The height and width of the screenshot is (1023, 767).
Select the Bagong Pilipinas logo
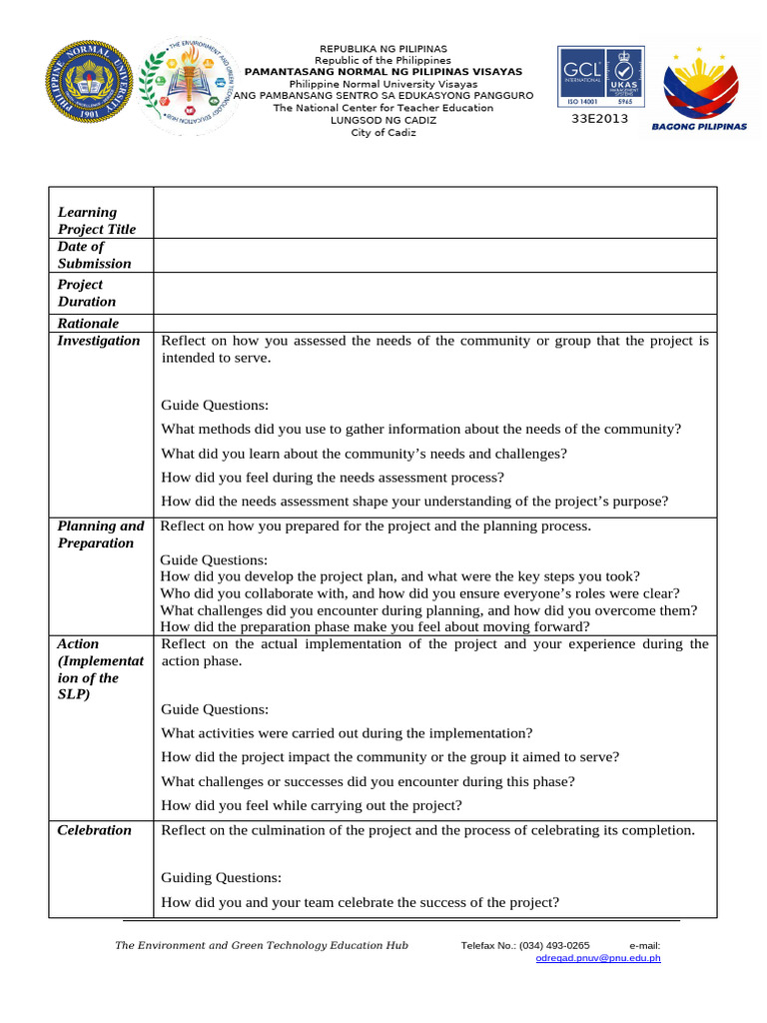point(699,88)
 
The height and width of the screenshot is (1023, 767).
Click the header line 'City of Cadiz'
point(383,133)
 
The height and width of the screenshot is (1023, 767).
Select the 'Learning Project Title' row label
point(96,221)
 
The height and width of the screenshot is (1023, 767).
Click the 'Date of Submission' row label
point(94,255)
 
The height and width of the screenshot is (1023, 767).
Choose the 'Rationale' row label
point(88,324)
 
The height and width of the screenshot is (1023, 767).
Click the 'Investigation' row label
point(99,341)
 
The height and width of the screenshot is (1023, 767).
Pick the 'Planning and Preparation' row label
point(100,534)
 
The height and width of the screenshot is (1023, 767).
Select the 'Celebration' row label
point(94,830)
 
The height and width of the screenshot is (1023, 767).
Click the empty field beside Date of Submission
point(434,255)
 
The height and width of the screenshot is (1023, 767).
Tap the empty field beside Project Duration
point(434,293)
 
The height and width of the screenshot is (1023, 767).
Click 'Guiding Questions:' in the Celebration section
point(222,878)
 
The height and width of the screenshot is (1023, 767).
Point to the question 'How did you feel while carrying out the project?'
point(326,805)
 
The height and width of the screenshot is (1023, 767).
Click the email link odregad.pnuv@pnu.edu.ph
point(598,958)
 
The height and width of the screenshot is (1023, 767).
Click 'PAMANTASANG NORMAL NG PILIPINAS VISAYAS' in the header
point(383,72)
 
